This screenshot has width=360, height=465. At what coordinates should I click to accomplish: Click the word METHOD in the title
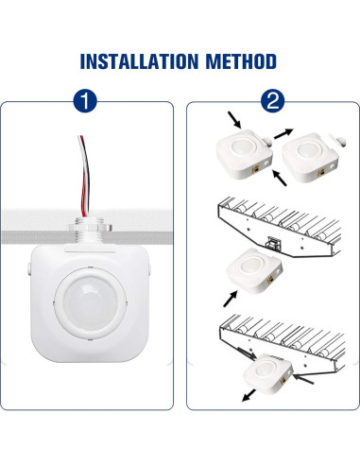point(239,62)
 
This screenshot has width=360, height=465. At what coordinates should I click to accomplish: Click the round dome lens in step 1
point(90,300)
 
